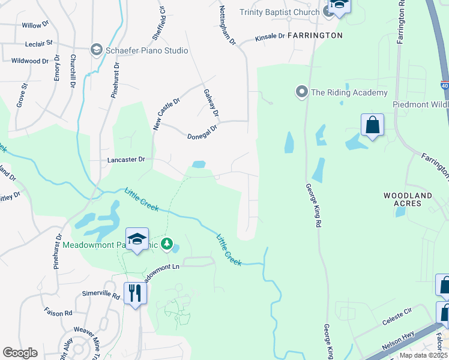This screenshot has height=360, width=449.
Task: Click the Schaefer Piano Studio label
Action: click(x=148, y=50)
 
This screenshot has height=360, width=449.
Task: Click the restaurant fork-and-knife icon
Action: click(x=135, y=293)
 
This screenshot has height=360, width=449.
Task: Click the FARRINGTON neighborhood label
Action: click(x=315, y=35)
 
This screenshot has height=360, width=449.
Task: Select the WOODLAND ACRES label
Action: click(x=408, y=200)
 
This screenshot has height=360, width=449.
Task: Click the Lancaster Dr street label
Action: click(x=126, y=160)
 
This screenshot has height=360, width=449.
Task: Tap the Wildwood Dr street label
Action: click(x=30, y=61)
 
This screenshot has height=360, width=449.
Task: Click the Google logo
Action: click(x=20, y=353)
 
